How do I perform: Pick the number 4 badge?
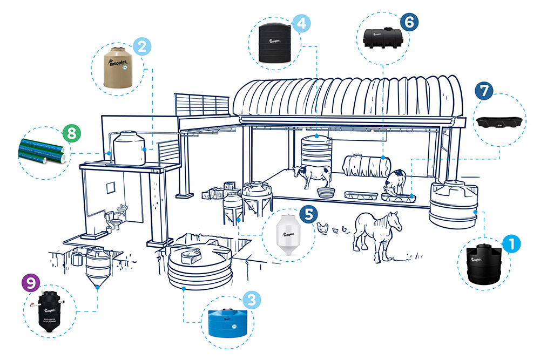[300, 23]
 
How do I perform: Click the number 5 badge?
[308, 214]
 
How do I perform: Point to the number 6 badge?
[409, 22]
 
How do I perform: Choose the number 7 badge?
[484, 90]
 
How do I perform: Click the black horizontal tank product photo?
[382, 38]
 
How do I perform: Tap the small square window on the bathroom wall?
[111, 187]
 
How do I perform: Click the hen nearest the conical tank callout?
[323, 227]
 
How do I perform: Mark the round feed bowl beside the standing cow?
[326, 192]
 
